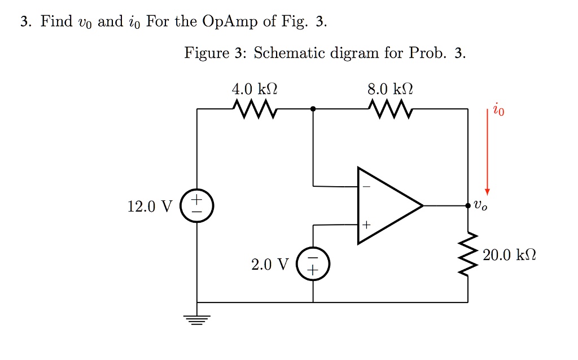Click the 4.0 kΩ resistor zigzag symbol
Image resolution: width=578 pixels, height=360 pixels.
(x=255, y=109)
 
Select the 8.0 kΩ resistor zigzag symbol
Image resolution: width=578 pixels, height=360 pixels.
(x=390, y=109)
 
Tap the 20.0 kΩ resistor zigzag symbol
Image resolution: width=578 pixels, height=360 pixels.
(x=468, y=254)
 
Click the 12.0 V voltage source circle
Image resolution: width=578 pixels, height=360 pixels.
(x=196, y=205)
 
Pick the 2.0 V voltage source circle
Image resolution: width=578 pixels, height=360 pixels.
(x=313, y=264)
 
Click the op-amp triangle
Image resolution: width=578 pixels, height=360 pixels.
(x=389, y=205)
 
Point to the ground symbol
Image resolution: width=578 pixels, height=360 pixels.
(x=196, y=320)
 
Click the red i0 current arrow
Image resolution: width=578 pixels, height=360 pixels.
(x=487, y=151)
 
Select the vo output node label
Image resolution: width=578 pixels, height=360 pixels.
(x=480, y=205)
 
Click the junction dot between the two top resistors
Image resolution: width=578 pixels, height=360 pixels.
(x=313, y=109)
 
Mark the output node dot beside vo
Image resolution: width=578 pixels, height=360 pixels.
(x=468, y=205)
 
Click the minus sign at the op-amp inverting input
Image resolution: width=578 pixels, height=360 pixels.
(x=366, y=186)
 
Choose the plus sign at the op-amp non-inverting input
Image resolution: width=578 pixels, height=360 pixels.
(x=366, y=225)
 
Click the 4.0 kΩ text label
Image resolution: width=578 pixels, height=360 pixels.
(x=255, y=89)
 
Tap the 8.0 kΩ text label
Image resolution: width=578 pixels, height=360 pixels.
(x=390, y=89)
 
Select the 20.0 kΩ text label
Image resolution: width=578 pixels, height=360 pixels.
(x=509, y=254)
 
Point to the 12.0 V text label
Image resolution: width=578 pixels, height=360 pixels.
(x=150, y=207)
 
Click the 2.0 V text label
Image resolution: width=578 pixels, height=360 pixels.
(x=270, y=264)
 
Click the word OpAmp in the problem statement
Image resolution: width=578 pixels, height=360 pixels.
(x=230, y=22)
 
